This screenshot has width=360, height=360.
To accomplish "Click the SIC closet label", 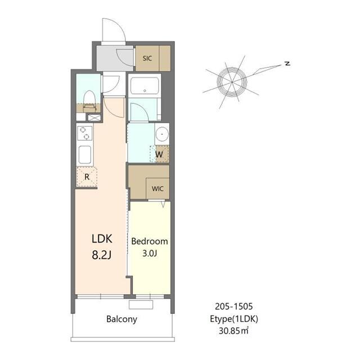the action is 147,58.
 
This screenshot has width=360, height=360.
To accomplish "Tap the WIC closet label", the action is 157,189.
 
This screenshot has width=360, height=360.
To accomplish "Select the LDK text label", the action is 102,238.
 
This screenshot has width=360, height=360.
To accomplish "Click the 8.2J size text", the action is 102,255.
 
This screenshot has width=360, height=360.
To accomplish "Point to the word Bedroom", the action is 150,241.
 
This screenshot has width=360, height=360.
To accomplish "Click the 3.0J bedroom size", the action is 150,253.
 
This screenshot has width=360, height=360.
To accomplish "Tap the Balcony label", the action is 121,319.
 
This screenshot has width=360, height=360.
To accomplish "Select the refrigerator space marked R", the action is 87,177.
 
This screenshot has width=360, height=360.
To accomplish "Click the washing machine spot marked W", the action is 159,154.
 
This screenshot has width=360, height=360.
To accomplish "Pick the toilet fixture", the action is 89,101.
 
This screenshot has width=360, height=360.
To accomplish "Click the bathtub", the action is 145,85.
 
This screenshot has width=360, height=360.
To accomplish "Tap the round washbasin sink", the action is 162,134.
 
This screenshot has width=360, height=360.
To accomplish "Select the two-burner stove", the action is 85,133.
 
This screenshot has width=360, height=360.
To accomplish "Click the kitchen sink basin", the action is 85,155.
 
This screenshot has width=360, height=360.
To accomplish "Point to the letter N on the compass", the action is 287,64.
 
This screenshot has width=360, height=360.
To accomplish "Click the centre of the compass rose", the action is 232,82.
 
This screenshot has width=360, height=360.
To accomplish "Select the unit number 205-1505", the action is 234,306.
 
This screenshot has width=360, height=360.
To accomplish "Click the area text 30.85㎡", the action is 234,331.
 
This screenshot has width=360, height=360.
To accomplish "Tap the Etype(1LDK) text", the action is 234,319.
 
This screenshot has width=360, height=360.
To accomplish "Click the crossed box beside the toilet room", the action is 94,118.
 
